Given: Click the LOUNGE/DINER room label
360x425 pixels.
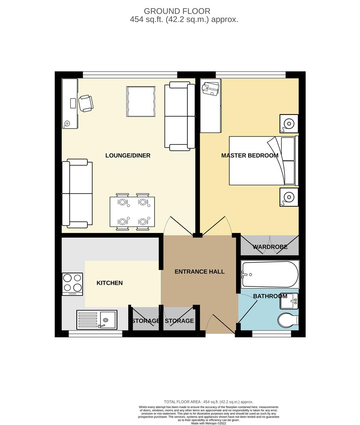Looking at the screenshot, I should [128, 155].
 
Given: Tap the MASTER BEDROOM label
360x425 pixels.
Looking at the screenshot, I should [249, 155].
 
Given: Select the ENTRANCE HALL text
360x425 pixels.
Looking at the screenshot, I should [199, 272].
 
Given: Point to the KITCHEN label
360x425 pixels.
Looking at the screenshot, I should [109, 283].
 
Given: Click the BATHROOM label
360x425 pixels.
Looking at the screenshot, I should [270, 296].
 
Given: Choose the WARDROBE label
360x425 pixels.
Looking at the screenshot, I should [270, 247].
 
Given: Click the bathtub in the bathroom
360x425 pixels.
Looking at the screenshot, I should [270, 274].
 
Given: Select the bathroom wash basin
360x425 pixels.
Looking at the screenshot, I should [289, 302].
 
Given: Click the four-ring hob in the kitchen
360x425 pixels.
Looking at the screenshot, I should [72, 284].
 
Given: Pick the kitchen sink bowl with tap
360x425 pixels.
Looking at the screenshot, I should [108, 320].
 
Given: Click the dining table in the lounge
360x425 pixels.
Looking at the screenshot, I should [132, 212].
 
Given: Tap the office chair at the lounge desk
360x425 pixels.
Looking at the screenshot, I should [86, 103].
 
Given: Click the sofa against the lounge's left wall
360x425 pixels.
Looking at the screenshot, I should [77, 193].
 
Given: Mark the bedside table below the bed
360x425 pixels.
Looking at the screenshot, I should [289, 197].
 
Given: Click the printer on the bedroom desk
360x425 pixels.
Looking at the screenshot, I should [211, 89].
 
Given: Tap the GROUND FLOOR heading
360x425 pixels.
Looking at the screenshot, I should [177, 11].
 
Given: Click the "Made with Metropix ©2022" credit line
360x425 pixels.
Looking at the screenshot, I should [208, 423].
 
